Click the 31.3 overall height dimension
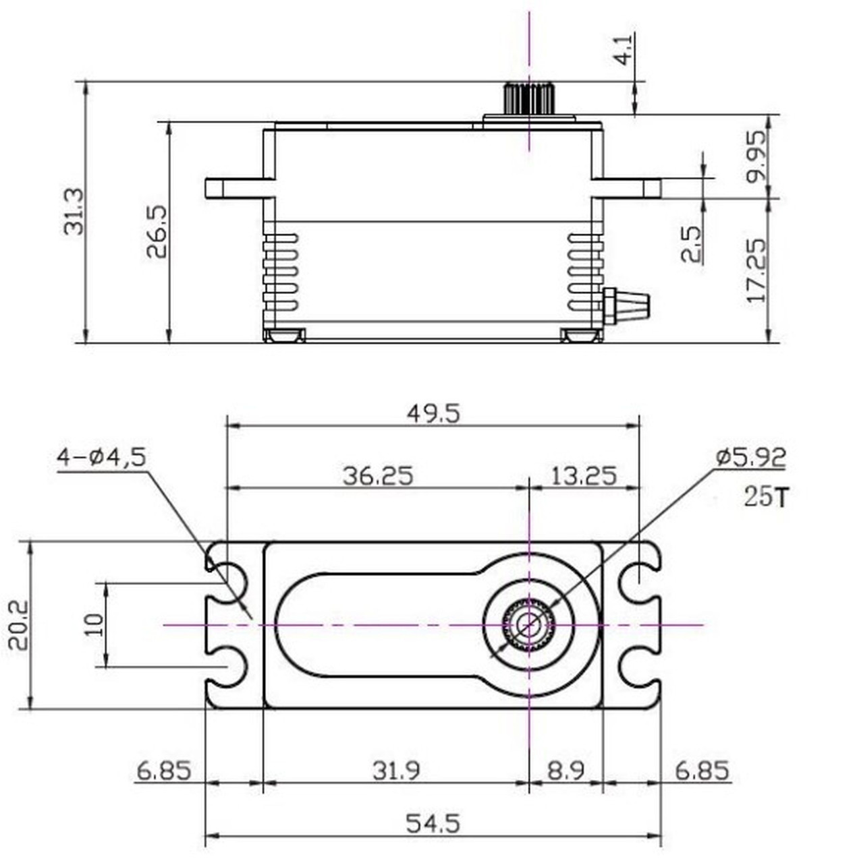pyautogui.click(x=74, y=212)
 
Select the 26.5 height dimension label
pyautogui.click(x=157, y=232)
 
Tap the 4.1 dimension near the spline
pyautogui.click(x=623, y=49)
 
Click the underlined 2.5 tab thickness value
pyautogui.click(x=691, y=243)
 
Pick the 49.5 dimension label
pyautogui.click(x=433, y=413)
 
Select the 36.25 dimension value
pyautogui.click(x=377, y=476)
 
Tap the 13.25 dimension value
pyautogui.click(x=584, y=476)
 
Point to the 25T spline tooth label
pyautogui.click(x=765, y=498)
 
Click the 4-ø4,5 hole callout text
pyautogui.click(x=101, y=458)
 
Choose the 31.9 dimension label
pyautogui.click(x=396, y=770)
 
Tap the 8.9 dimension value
pyautogui.click(x=566, y=770)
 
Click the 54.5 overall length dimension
pyautogui.click(x=433, y=823)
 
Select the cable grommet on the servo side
pyautogui.click(x=627, y=305)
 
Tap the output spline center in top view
pyautogui.click(x=528, y=625)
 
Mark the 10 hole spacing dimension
pyautogui.click(x=94, y=624)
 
